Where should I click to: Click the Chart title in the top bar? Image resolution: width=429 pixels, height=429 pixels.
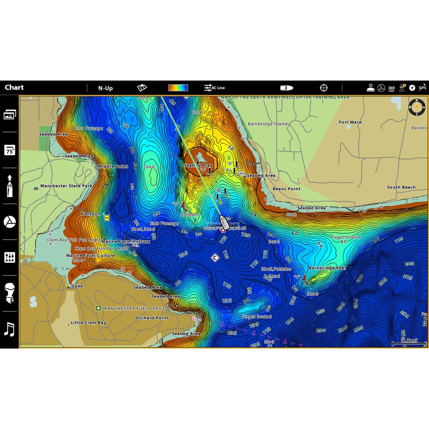point(14,88)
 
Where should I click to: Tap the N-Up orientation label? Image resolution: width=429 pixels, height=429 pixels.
point(105,88)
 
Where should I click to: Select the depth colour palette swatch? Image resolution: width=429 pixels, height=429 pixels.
point(178,88)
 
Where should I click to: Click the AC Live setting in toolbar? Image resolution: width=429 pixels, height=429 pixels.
point(214,88)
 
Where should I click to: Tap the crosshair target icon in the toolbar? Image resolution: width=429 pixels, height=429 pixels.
point(324,88)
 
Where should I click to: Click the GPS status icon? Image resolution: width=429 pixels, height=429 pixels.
point(423,88)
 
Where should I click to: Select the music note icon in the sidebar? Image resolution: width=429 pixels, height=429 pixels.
point(9,329)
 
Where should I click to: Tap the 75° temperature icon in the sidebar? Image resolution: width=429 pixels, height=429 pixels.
point(10,150)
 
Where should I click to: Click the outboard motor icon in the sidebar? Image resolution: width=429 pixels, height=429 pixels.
point(10,293)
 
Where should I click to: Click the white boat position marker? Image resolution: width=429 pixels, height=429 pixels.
point(225,222)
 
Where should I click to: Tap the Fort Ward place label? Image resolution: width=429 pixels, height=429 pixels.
point(350,122)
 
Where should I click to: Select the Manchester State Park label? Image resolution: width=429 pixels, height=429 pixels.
point(66,186)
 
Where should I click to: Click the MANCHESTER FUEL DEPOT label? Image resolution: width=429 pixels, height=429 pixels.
point(134,308)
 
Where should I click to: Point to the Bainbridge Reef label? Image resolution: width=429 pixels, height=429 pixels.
point(327,268)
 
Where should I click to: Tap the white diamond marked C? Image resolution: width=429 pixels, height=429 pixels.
point(215,257)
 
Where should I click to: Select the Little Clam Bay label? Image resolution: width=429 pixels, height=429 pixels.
point(88,322)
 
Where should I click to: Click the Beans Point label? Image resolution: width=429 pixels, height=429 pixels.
point(286,189)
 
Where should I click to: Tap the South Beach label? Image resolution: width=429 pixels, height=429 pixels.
point(401,187)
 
